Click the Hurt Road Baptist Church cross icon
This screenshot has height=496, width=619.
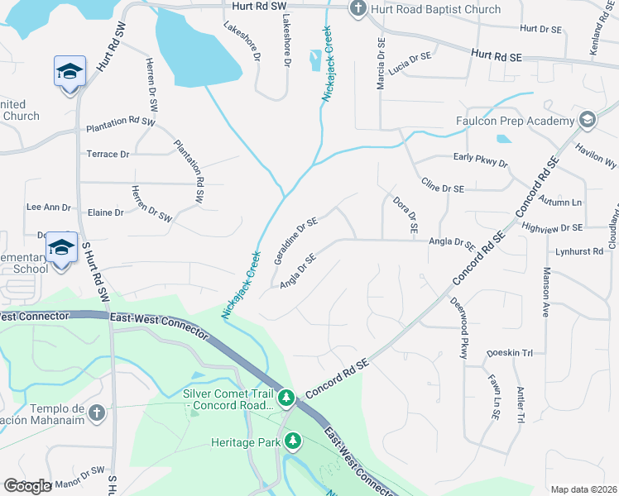click(357, 9)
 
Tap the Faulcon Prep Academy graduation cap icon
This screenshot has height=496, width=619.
click(588, 120)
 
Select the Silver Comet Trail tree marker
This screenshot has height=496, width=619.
click(286, 399)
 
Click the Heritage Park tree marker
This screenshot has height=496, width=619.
click(292, 442)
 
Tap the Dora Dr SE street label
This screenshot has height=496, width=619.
click(405, 212)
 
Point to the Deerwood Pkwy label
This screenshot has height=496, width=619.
click(460, 327)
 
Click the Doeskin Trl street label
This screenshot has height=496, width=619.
click(509, 353)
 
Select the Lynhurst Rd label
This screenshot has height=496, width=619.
click(581, 250)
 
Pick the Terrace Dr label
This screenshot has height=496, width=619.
click(108, 154)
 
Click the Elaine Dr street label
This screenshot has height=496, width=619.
click(105, 212)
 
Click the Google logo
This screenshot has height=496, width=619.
click(28, 486)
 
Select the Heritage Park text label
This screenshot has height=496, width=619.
click(244, 443)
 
